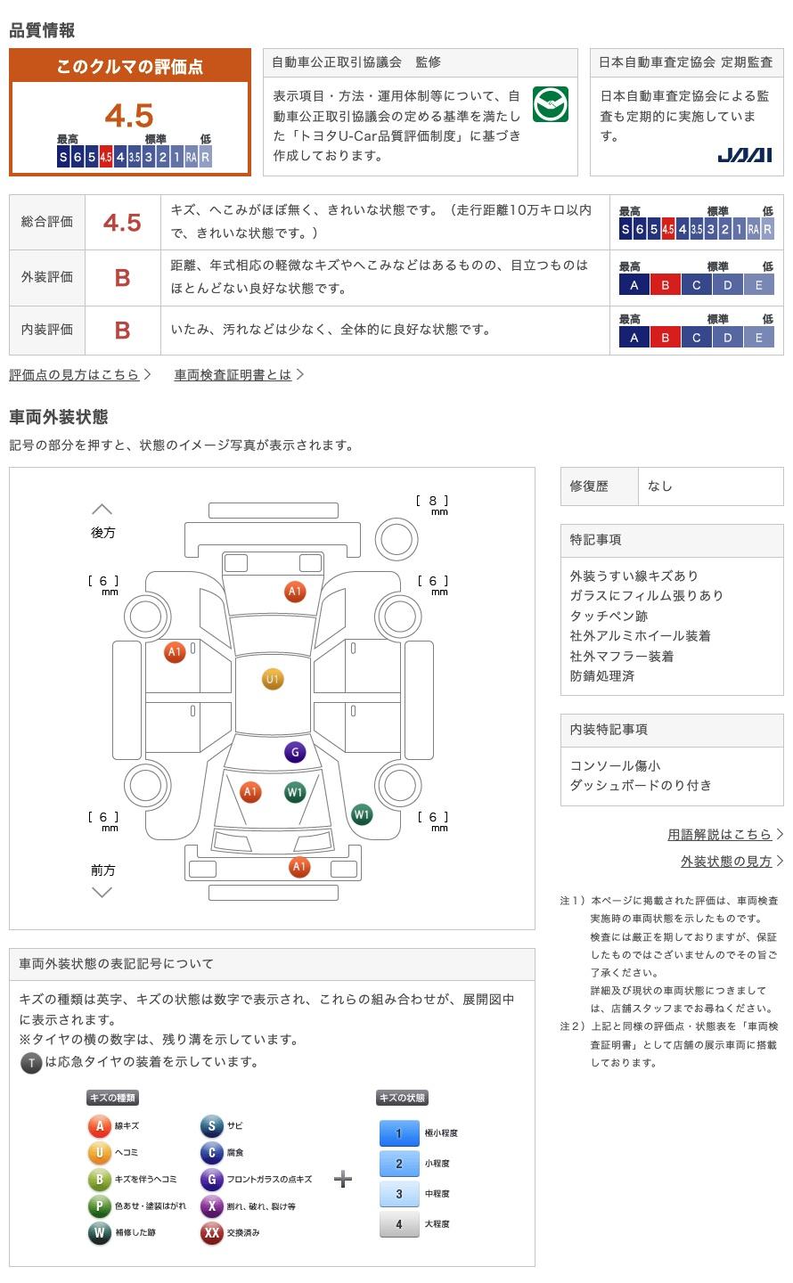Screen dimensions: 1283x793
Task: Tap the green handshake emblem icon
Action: pos(550,105)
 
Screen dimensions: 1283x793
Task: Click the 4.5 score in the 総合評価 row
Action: pos(122,223)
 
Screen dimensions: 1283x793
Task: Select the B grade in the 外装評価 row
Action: pos(122,278)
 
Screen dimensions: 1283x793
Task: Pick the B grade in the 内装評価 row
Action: pos(122,331)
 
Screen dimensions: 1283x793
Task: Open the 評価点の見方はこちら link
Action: pos(75,375)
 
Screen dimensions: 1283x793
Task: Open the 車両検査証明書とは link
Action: pos(233,375)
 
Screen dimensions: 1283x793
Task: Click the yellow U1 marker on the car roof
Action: pos(273,680)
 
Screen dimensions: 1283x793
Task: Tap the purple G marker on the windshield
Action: pos(295,752)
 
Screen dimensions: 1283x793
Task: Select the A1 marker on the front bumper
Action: pos(299,866)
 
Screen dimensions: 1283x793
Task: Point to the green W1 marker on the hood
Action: pos(295,792)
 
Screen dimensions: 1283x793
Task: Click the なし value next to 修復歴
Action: pos(660,486)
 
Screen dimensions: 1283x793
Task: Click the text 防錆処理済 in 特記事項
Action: pos(602,676)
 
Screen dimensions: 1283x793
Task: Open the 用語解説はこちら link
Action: pos(720,835)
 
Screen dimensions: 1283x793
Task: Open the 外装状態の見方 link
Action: pos(726,862)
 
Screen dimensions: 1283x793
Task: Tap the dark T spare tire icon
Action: pos(31,1063)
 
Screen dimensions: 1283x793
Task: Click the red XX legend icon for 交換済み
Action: pos(212,1233)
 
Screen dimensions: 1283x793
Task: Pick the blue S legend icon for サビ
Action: pos(211,1126)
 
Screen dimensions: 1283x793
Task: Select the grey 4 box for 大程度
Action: pos(399,1224)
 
